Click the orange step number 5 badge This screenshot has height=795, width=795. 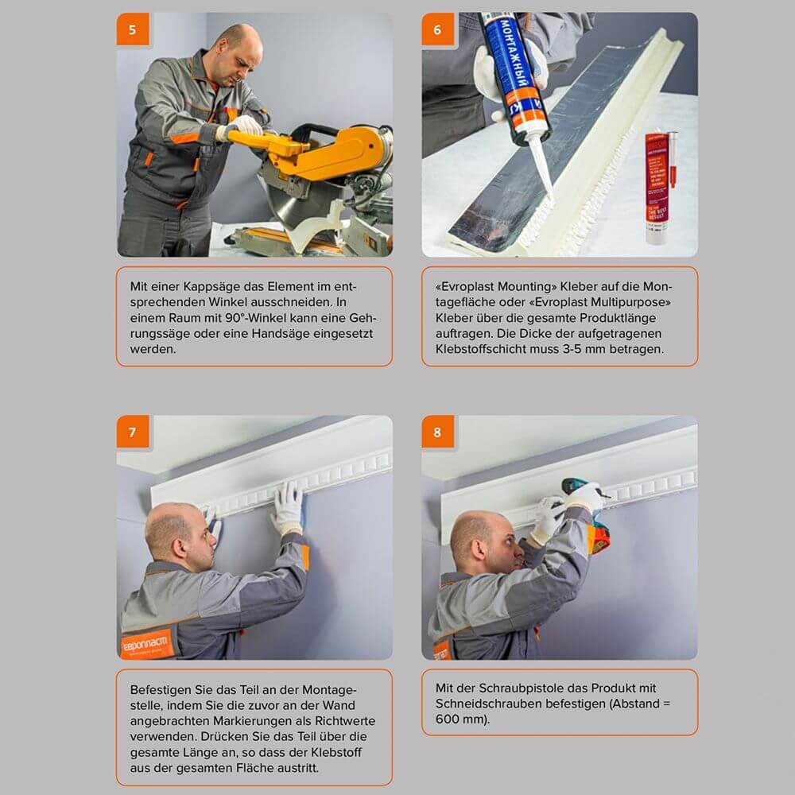[132, 29]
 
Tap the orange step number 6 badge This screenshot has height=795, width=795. [437, 29]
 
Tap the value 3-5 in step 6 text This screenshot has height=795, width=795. [589, 348]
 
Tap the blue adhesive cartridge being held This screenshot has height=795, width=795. [515, 72]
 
